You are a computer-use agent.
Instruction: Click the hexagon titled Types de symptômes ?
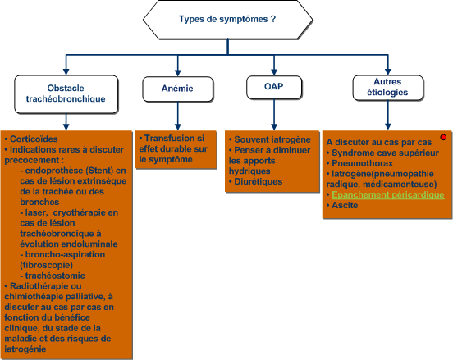pos(227,20)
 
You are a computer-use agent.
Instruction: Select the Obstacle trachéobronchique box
pos(66,94)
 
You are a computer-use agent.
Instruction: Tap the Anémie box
pos(178,89)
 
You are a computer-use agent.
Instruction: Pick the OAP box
pos(274,87)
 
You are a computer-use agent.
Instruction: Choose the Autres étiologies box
pos(387,88)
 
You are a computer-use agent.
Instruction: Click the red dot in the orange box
pos(443,138)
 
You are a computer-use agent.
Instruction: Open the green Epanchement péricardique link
pos(388,195)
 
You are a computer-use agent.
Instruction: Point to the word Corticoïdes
pos(34,139)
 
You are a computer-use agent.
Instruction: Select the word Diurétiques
pos(259,181)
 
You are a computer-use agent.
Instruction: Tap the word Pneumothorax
pos(362,163)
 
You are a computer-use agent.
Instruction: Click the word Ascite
pos(345,205)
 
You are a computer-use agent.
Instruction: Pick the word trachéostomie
pos(55,276)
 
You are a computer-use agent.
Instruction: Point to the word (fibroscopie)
pos(46,265)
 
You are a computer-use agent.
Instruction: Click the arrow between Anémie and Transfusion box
pos(178,116)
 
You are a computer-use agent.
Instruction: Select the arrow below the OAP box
pos(274,115)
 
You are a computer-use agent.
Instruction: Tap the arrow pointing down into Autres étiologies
pos(387,65)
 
